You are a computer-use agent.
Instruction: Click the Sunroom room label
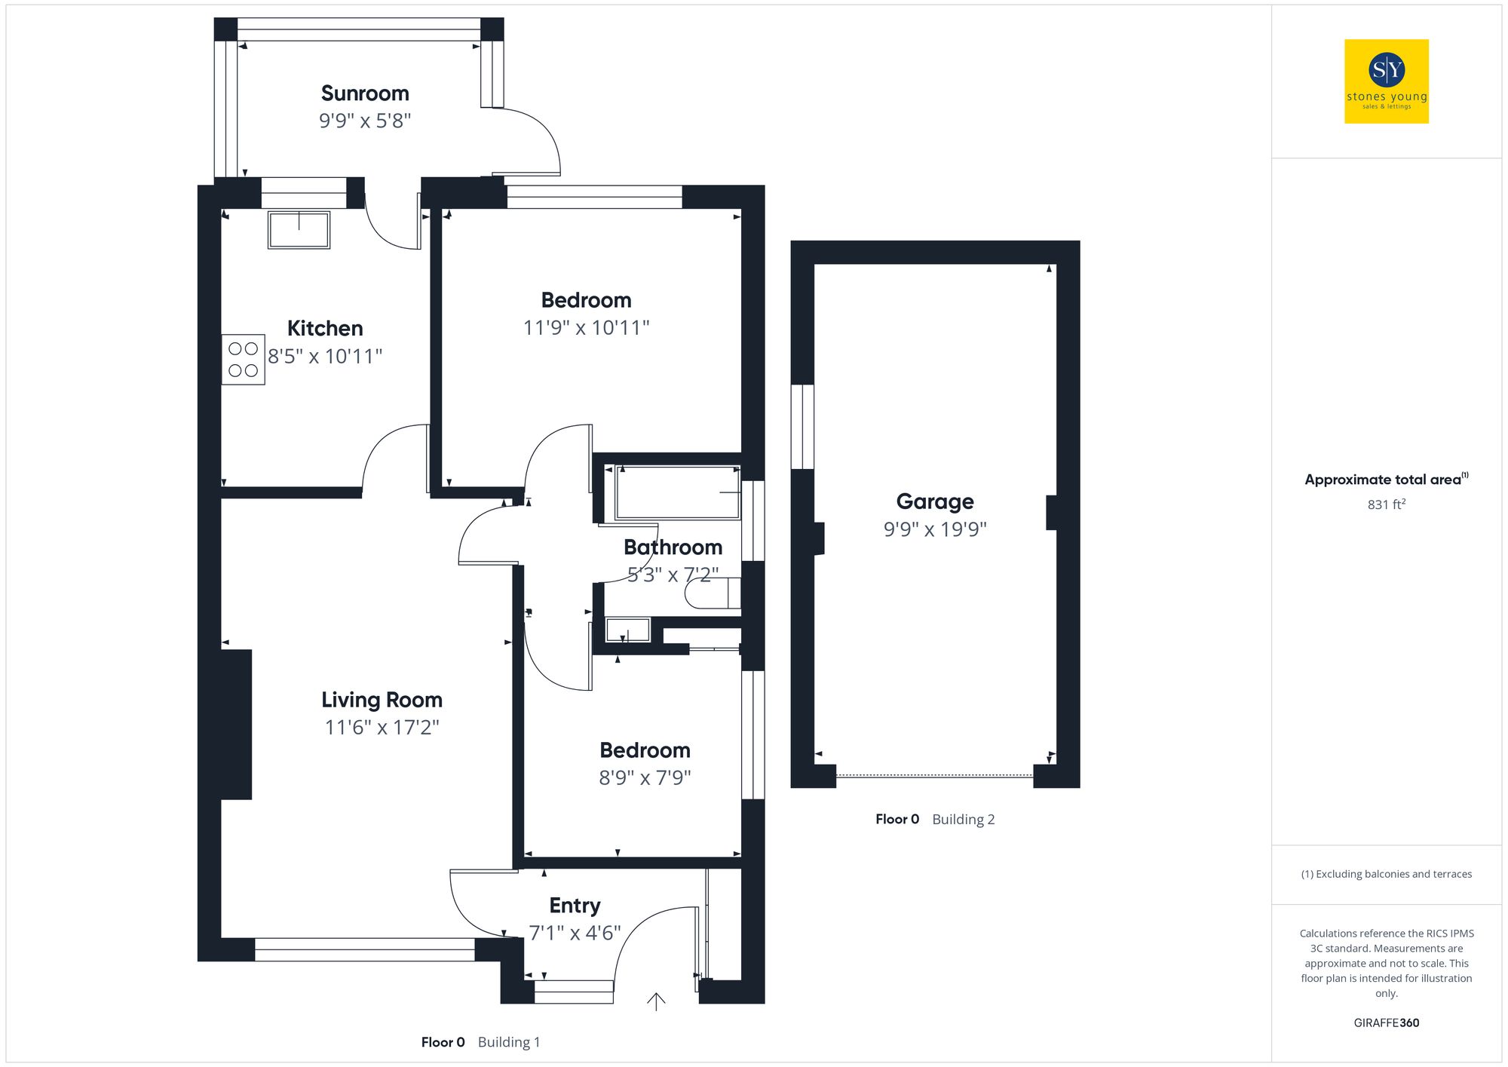pyautogui.click(x=365, y=94)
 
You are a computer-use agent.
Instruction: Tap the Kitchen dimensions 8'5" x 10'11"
pyautogui.click(x=325, y=356)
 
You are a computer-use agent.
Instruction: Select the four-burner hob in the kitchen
pyautogui.click(x=243, y=360)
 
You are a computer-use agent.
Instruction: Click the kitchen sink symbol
pyautogui.click(x=299, y=230)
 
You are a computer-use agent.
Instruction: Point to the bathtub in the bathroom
pyautogui.click(x=678, y=492)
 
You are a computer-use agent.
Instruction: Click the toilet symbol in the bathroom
pyautogui.click(x=713, y=593)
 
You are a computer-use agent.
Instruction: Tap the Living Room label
pyautogui.click(x=382, y=700)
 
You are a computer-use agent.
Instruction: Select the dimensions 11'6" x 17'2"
pyautogui.click(x=382, y=728)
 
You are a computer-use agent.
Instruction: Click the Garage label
pyautogui.click(x=935, y=501)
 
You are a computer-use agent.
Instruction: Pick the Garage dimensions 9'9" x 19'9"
pyautogui.click(x=935, y=529)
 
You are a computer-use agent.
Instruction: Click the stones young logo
pyautogui.click(x=1387, y=81)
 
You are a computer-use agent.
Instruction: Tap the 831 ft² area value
pyautogui.click(x=1387, y=504)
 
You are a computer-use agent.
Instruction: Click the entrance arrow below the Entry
pyautogui.click(x=656, y=1001)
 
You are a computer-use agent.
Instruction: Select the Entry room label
pyautogui.click(x=575, y=906)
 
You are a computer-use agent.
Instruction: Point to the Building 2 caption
pyautogui.click(x=964, y=820)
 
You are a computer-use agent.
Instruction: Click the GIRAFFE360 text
pyautogui.click(x=1387, y=1023)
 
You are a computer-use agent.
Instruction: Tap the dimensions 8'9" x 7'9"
pyautogui.click(x=645, y=777)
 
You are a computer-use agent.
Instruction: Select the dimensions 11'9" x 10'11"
pyautogui.click(x=587, y=328)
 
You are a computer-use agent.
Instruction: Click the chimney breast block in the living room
pyautogui.click(x=236, y=725)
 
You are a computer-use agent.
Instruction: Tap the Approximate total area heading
pyautogui.click(x=1387, y=480)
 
